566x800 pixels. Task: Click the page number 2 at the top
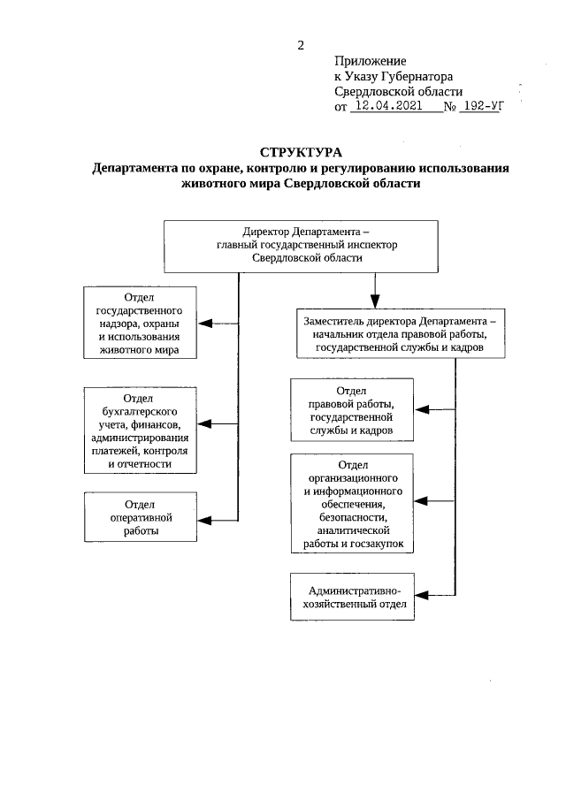(x=301, y=45)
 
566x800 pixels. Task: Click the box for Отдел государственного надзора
(x=139, y=324)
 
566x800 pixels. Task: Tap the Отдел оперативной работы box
(x=139, y=517)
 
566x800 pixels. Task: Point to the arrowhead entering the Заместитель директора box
(x=375, y=299)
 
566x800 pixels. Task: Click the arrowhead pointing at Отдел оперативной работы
(x=203, y=518)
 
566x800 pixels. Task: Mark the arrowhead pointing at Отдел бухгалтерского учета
(x=203, y=423)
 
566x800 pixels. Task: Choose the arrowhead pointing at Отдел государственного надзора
(x=203, y=324)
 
